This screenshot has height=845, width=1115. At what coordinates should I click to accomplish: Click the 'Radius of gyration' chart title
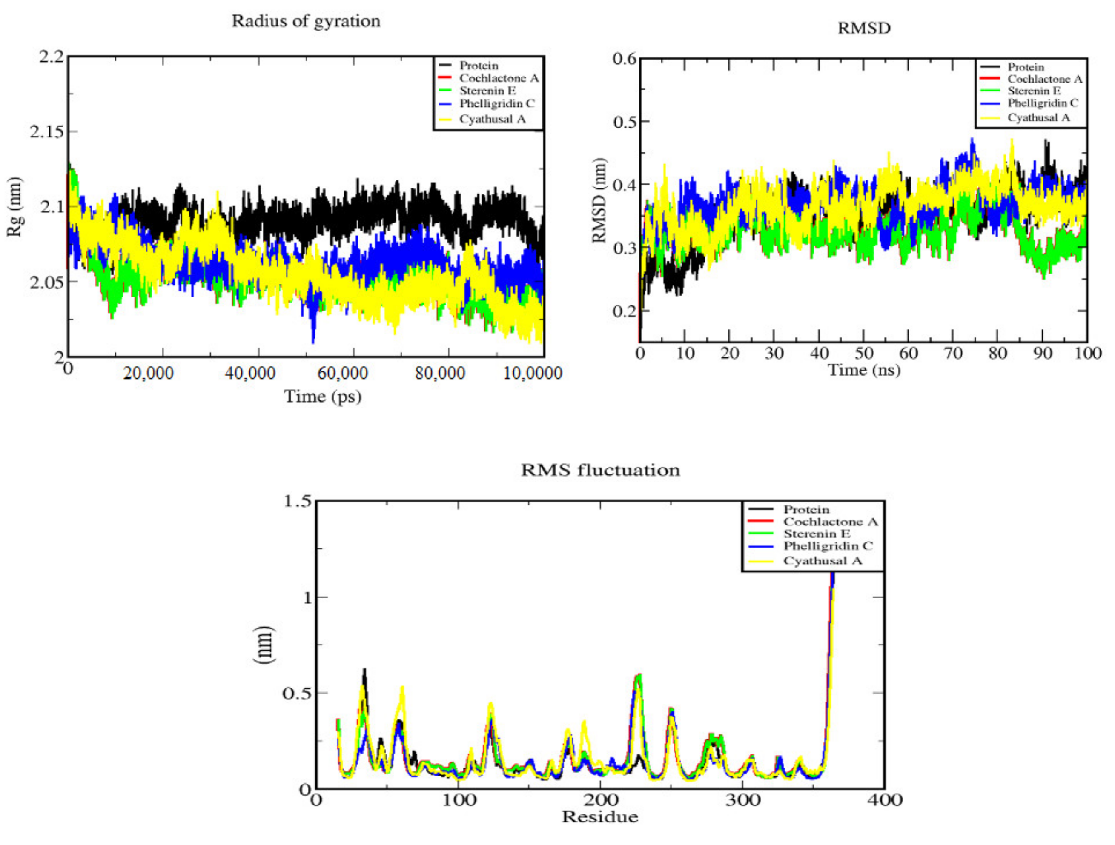306,21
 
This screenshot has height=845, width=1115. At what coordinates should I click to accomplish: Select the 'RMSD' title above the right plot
864,28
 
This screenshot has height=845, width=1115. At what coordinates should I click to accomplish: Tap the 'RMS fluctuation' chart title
600,470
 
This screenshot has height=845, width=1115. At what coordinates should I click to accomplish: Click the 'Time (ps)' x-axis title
323,397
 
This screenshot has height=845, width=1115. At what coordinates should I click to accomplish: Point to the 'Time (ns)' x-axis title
864,370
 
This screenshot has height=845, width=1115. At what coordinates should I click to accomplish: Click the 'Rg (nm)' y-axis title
15,207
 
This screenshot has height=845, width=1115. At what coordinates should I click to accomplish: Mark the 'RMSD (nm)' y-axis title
599,200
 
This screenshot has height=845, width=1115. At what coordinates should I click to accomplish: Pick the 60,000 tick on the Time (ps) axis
343,374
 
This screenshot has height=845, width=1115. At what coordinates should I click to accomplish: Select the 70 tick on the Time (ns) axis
953,353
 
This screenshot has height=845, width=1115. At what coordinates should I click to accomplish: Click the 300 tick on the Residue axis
743,800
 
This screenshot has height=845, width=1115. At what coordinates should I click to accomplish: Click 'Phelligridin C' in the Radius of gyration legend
497,103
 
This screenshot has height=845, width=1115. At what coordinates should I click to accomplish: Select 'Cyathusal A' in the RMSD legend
1039,118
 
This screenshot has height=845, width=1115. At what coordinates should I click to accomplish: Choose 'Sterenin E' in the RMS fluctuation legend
817,534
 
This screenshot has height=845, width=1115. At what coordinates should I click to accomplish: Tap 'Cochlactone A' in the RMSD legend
1045,79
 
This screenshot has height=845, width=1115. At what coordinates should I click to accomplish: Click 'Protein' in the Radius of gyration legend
479,66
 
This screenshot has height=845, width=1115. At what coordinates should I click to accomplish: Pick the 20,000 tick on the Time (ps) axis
148,374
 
